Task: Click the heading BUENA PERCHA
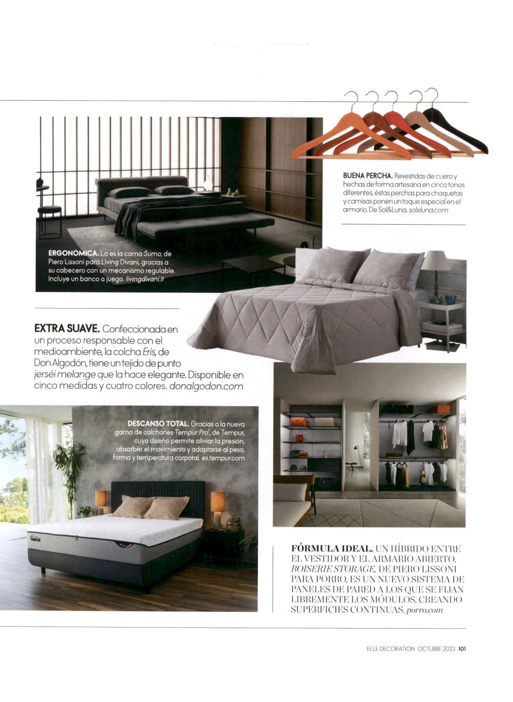(367, 176)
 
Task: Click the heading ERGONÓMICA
(73, 253)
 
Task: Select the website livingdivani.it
(145, 278)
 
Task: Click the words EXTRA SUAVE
(66, 329)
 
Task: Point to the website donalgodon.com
(206, 386)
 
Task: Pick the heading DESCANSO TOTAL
(158, 424)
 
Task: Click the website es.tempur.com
(223, 458)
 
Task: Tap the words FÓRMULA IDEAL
(332, 549)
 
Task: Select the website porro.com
(425, 610)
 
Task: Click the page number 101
(462, 649)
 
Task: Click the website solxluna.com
(429, 210)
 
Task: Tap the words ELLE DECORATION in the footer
(391, 649)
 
